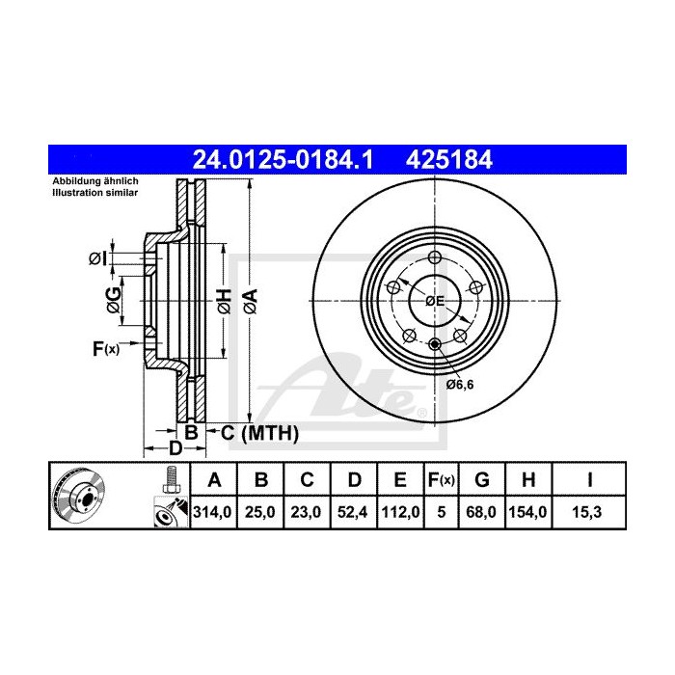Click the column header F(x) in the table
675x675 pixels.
pos(441,479)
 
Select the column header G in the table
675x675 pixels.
pos(485,479)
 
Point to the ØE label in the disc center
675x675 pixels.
pos(435,301)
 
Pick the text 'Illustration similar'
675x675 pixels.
pos(93,193)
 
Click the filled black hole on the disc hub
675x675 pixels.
pos(434,345)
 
